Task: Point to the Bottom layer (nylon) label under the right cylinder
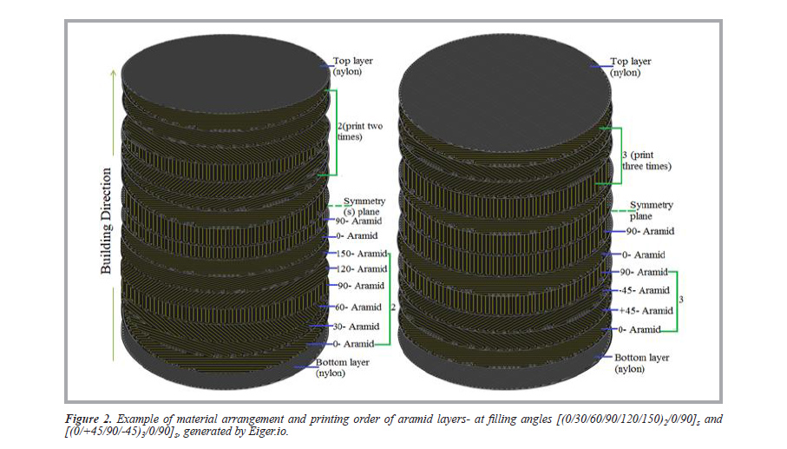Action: coord(641,362)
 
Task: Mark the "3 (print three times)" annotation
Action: coord(646,160)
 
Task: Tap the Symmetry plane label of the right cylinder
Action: coord(651,210)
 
